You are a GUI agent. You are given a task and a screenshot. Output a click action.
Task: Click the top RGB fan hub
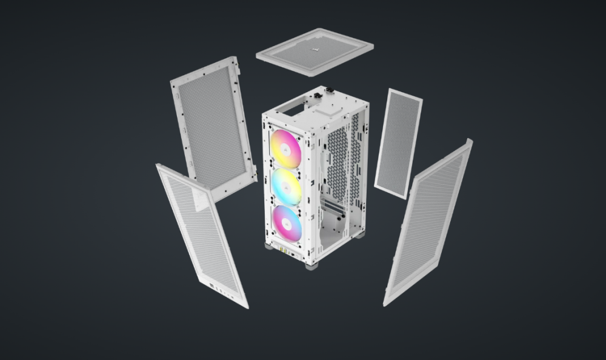(x=285, y=148)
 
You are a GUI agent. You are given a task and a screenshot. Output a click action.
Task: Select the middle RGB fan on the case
(x=285, y=187)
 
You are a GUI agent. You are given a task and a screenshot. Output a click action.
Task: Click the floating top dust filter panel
(x=315, y=53)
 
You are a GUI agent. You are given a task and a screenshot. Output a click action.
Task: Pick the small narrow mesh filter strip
(x=398, y=144)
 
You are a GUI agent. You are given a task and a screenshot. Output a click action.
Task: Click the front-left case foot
(x=268, y=247)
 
